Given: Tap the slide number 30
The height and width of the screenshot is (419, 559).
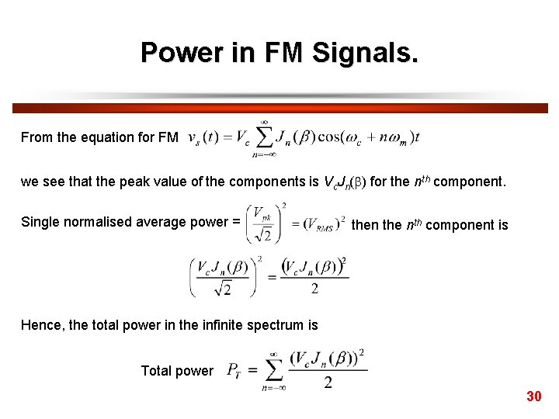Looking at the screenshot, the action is (533, 396).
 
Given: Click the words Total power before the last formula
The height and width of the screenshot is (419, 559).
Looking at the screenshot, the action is (176, 371).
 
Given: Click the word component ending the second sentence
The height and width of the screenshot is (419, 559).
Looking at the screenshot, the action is (468, 182).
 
